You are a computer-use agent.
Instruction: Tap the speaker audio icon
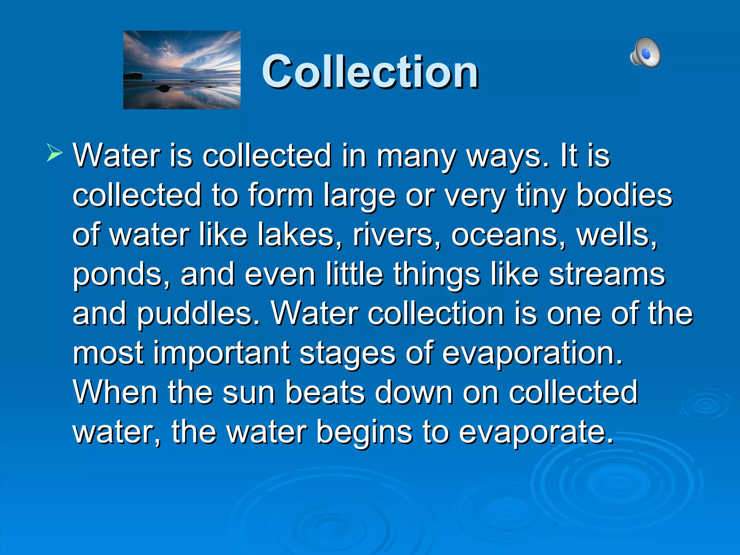(645, 53)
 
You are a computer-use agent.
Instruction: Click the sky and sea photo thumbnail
(182, 70)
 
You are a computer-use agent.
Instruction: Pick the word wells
(616, 235)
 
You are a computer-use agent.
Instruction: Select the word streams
(607, 275)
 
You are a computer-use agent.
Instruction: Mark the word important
(221, 353)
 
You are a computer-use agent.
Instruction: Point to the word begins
(364, 432)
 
